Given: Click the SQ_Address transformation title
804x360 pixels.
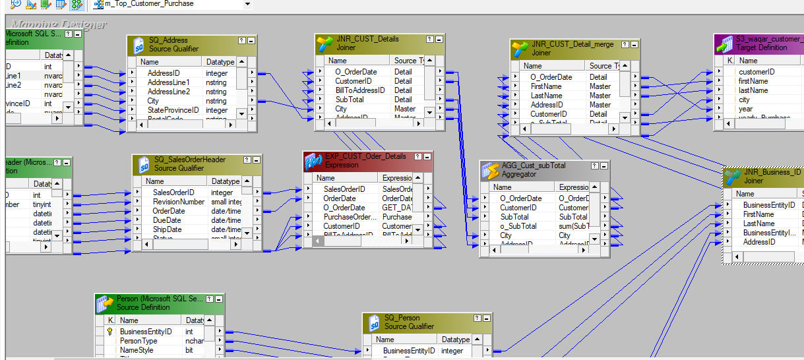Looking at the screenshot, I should coord(168,40).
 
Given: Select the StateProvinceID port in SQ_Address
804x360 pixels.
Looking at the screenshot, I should coord(173,110).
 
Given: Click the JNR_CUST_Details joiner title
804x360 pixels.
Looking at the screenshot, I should coord(367,39).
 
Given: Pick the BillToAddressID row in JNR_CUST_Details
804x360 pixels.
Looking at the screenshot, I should coord(359,90).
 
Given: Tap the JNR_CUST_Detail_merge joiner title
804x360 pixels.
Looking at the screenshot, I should coord(572,44).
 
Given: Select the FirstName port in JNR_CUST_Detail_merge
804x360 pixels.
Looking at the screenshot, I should coord(546,86).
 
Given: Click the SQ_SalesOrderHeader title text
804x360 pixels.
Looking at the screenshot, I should coord(190,160).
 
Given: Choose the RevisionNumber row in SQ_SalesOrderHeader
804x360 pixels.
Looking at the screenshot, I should coord(179,202).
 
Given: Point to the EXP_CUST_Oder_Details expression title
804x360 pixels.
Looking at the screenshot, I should coord(365,156).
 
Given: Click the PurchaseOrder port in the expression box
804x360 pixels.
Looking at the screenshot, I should coord(350,217).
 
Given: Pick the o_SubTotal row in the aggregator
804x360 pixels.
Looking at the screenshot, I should coord(518,226).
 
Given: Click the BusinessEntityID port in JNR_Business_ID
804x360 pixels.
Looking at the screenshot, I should coord(768,205).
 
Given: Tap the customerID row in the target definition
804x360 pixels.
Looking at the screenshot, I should coord(757,72).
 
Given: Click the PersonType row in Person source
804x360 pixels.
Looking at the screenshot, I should coord(139,341).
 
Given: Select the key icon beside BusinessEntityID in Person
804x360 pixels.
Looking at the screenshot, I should coord(109,332).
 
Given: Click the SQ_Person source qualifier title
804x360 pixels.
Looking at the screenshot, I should coord(409,318).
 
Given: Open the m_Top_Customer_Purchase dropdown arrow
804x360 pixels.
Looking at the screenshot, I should coord(247,4).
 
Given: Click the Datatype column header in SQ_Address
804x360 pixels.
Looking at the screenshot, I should coord(220,62).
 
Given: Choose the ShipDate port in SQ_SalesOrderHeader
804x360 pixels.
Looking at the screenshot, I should coord(168,229).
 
